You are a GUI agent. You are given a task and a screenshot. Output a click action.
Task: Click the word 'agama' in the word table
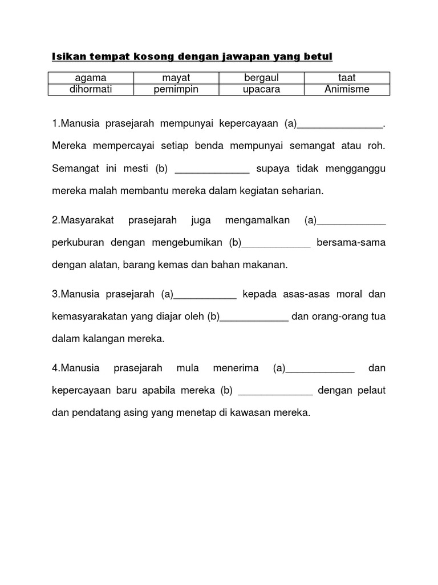pos(91,78)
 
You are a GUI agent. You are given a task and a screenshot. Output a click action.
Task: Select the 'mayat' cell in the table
pos(176,78)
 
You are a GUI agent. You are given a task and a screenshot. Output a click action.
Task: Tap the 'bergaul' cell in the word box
pos(262,78)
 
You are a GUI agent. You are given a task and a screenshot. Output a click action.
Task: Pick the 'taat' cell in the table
pos(347,78)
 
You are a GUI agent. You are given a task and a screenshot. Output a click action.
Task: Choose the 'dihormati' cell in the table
pos(91,89)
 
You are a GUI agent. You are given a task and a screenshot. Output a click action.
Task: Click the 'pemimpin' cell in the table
pos(176,89)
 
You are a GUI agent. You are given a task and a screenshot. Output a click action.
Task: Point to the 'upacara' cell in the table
pos(262,89)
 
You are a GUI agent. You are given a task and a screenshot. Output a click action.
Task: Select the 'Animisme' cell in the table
pos(347,89)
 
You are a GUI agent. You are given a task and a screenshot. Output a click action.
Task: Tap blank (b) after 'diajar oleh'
pos(254,318)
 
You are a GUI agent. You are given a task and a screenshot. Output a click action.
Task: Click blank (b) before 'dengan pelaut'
pos(275,392)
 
